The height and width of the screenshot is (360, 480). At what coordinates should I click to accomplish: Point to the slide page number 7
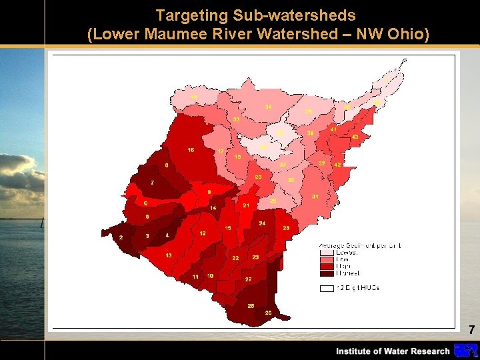[x=471, y=329]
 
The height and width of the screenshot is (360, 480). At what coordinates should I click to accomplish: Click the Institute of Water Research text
[x=393, y=351]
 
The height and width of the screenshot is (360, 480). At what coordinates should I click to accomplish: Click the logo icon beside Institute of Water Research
[x=465, y=351]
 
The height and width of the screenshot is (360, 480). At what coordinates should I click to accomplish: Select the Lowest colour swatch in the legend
[x=327, y=253]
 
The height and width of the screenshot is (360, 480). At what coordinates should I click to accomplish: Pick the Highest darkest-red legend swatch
[x=327, y=273]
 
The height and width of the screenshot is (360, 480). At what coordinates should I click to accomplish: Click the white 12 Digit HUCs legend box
[x=327, y=288]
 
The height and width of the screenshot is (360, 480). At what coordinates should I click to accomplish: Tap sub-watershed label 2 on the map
[x=121, y=237]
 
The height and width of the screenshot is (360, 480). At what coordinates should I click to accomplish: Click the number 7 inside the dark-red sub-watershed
[x=153, y=182]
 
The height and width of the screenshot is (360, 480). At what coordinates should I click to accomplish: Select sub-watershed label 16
[x=191, y=150]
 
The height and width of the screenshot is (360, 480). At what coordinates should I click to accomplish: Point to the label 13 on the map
[x=169, y=255]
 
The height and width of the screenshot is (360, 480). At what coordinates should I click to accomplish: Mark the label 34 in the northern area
[x=268, y=107]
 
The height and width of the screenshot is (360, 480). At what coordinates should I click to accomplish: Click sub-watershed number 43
[x=355, y=137]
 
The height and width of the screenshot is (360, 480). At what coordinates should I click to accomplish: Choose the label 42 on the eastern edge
[x=337, y=164]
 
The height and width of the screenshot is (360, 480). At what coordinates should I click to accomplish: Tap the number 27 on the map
[x=248, y=279]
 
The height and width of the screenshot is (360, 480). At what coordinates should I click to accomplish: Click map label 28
[x=286, y=228]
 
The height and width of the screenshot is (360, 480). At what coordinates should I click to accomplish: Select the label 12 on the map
[x=202, y=233]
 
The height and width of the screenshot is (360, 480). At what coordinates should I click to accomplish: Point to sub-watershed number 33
[x=237, y=119]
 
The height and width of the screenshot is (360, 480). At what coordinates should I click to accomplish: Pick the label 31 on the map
[x=315, y=197]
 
